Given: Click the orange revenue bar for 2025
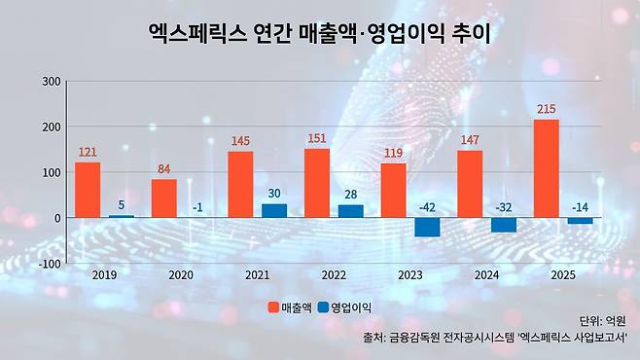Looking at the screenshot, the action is point(546,168).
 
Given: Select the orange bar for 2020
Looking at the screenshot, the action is point(164,198).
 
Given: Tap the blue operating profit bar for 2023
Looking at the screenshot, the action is point(427,227).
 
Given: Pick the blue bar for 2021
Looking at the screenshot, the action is point(274,210).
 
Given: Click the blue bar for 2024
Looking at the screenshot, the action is point(504,225).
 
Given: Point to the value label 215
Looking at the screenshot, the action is point(546,109).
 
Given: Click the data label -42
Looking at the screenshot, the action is point(427,207).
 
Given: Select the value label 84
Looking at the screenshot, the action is point(164,168).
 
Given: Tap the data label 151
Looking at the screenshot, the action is point(317,138).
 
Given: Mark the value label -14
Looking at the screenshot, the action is point(580,207).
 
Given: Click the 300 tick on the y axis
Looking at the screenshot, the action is point(52,81).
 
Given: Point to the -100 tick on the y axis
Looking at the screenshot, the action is point(50,264).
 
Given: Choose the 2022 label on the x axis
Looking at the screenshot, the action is point(334,275).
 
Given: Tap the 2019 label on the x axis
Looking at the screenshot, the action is point(104,275).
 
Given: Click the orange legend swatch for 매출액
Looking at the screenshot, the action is point(273,307).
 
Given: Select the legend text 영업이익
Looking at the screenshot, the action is point(351,307).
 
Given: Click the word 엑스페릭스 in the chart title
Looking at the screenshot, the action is point(197,34).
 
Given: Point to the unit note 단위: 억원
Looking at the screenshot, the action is point(603,321).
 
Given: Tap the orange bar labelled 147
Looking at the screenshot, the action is point(470,184).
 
